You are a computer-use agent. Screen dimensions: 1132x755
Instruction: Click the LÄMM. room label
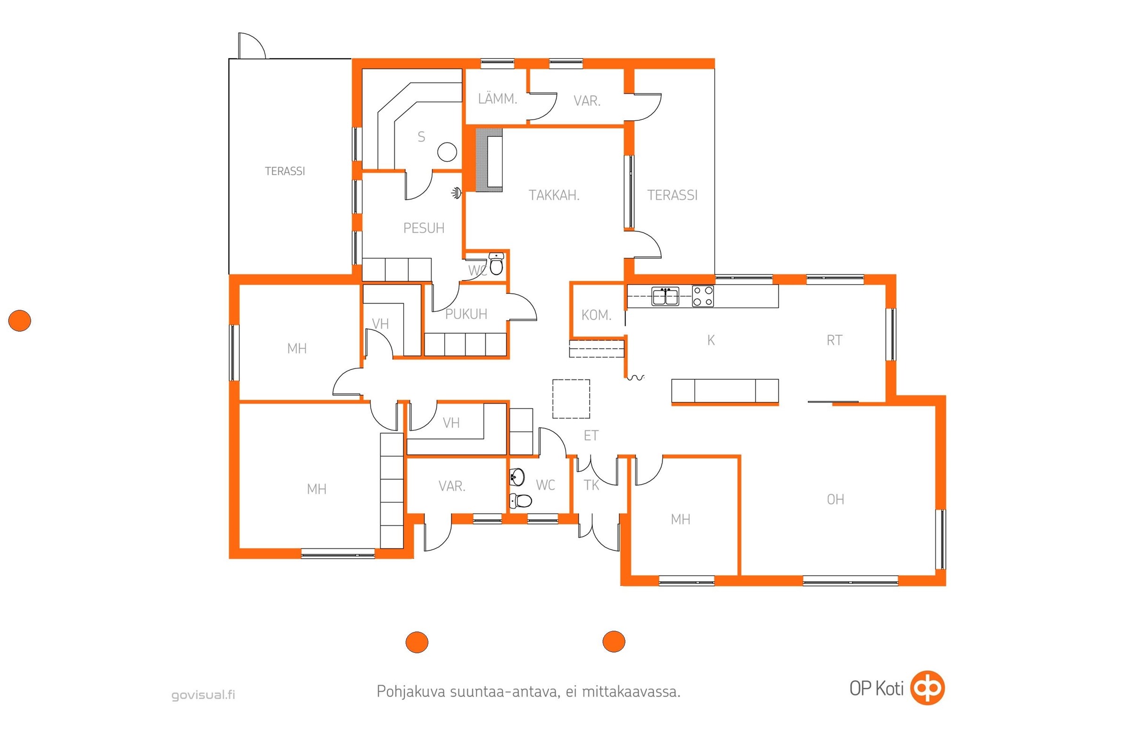(497, 99)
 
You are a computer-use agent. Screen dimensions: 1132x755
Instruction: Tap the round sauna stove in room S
(447, 152)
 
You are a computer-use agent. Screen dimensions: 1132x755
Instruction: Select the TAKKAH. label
(554, 195)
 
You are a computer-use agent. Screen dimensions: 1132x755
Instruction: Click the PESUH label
(424, 228)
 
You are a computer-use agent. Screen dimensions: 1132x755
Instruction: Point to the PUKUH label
(466, 314)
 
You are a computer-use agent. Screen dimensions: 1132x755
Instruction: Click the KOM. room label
(596, 315)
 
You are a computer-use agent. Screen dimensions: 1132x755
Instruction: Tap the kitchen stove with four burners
(703, 296)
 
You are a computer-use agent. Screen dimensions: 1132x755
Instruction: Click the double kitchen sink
(665, 296)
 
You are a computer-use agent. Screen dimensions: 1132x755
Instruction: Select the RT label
(834, 340)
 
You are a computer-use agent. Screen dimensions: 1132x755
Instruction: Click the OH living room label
(835, 499)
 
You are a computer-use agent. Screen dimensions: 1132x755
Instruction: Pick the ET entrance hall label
(591, 436)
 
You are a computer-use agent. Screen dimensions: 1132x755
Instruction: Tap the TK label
(591, 486)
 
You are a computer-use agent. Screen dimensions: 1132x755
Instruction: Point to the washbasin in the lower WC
(517, 477)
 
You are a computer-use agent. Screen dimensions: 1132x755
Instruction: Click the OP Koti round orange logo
(928, 688)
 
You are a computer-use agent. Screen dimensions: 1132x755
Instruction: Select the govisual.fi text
(203, 695)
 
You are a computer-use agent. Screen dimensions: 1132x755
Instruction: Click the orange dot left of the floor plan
(20, 321)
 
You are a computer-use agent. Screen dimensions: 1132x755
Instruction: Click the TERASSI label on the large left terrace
(285, 171)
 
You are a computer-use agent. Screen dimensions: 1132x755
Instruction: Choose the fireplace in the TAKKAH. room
(489, 160)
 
